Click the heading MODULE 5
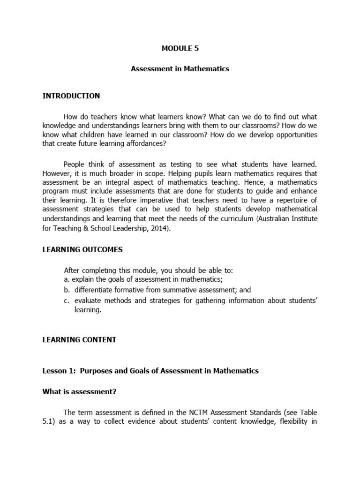click(180, 48)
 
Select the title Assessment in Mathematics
click(180, 68)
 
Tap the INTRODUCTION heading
click(71, 96)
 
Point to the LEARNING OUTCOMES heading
click(82, 249)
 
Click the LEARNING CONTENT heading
click(79, 340)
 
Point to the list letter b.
click(67, 290)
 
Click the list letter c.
click(67, 300)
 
